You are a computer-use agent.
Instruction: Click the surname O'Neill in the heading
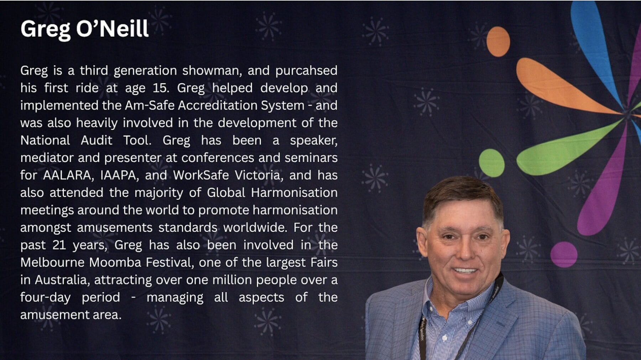pos(112,28)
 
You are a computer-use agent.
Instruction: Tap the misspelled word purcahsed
pos(306,71)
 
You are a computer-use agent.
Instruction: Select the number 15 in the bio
pos(160,88)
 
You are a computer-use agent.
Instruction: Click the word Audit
pos(96,140)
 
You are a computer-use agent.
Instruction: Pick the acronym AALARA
pos(67,175)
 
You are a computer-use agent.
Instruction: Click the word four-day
pos(45,298)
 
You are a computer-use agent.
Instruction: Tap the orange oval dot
pos(498,42)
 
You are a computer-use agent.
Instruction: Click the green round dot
pos(491,163)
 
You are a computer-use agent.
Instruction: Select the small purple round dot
pos(564,254)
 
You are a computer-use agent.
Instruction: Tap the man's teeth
pos(464,270)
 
